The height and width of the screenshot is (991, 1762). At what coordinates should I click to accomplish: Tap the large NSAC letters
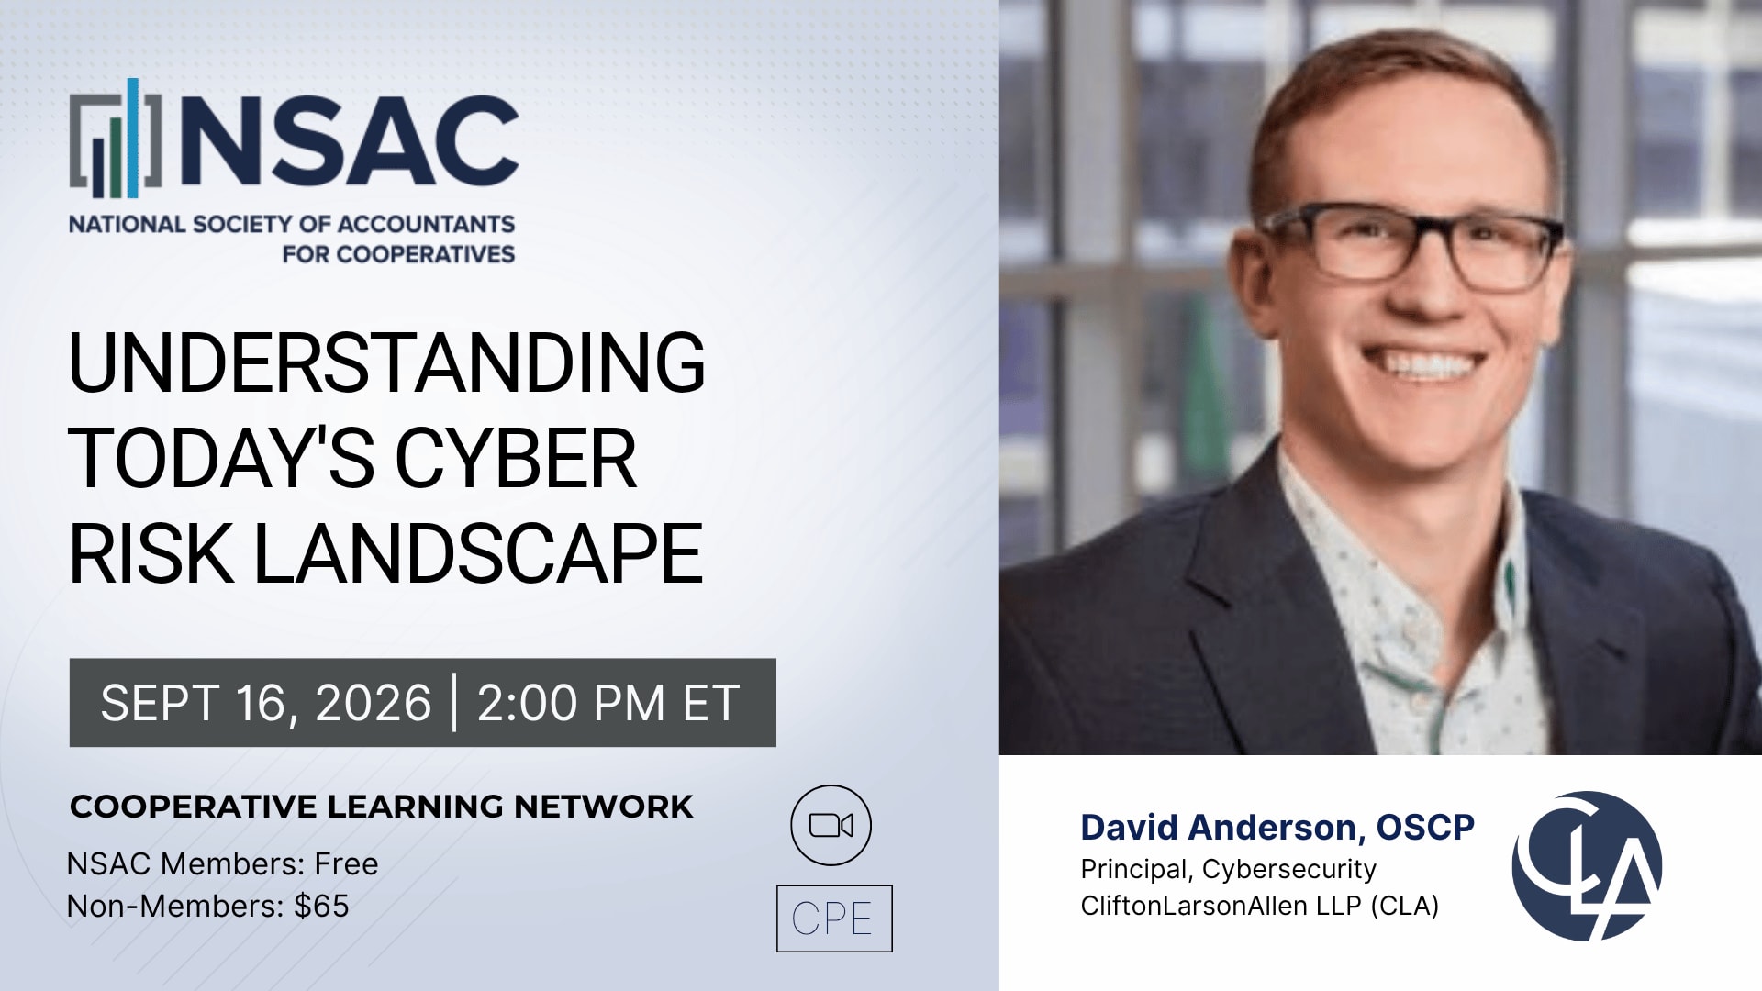(350, 140)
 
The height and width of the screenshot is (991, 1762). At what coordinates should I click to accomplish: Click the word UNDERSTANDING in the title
(386, 362)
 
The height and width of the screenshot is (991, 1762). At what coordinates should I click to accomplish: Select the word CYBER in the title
(515, 458)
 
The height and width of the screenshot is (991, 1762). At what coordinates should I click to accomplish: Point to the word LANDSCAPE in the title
(477, 553)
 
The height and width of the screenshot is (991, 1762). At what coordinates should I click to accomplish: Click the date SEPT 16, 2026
(266, 703)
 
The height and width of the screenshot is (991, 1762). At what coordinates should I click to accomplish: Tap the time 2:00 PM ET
(608, 703)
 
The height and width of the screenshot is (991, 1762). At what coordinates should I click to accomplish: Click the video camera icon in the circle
(831, 825)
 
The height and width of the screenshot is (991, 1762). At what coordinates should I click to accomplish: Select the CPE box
(834, 919)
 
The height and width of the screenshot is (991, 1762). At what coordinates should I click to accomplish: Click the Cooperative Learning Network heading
(382, 807)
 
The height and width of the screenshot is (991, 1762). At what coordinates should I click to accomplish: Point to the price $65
(321, 907)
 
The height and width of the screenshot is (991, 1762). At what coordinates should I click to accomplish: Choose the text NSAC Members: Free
(223, 864)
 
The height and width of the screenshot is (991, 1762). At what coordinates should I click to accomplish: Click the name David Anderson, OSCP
(1277, 828)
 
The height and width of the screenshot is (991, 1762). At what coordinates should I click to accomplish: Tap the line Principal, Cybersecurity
(1229, 869)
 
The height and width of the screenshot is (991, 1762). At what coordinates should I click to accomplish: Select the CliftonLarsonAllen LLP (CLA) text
(1260, 906)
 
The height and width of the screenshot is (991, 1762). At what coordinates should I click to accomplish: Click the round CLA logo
(1587, 866)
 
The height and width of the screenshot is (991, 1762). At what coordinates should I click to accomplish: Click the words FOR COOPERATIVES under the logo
(398, 254)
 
